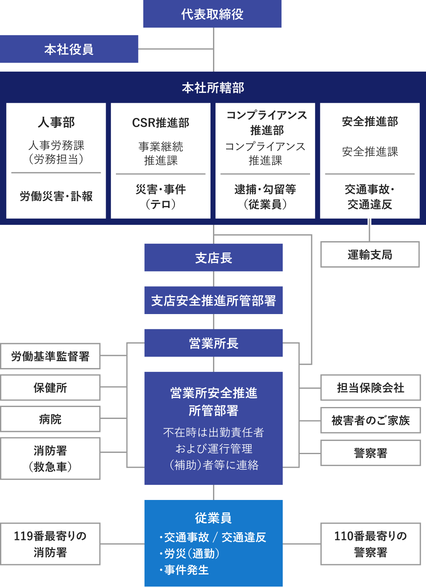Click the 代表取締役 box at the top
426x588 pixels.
[x=212, y=14]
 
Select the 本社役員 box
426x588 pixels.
[x=69, y=49]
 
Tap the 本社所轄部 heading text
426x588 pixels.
[x=213, y=88]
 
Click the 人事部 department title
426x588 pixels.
[x=56, y=122]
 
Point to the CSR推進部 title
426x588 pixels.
[x=161, y=122]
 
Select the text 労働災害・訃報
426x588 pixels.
[x=56, y=196]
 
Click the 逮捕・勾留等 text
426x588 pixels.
[x=265, y=189]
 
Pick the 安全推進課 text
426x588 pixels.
[x=370, y=152]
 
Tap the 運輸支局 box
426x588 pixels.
[x=370, y=255]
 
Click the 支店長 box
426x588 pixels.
[x=213, y=258]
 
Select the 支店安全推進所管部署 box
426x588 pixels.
[x=213, y=301]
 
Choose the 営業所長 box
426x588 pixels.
[x=213, y=343]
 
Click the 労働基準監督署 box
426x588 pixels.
[x=50, y=356]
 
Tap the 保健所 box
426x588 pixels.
[x=50, y=388]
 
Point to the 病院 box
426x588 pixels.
[x=50, y=419]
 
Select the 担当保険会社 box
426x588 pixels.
[x=370, y=387]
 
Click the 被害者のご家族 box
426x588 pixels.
[x=370, y=420]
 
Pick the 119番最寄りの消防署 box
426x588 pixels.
[x=50, y=544]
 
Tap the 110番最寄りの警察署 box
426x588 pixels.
[x=370, y=544]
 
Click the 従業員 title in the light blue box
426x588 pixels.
[x=213, y=518]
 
